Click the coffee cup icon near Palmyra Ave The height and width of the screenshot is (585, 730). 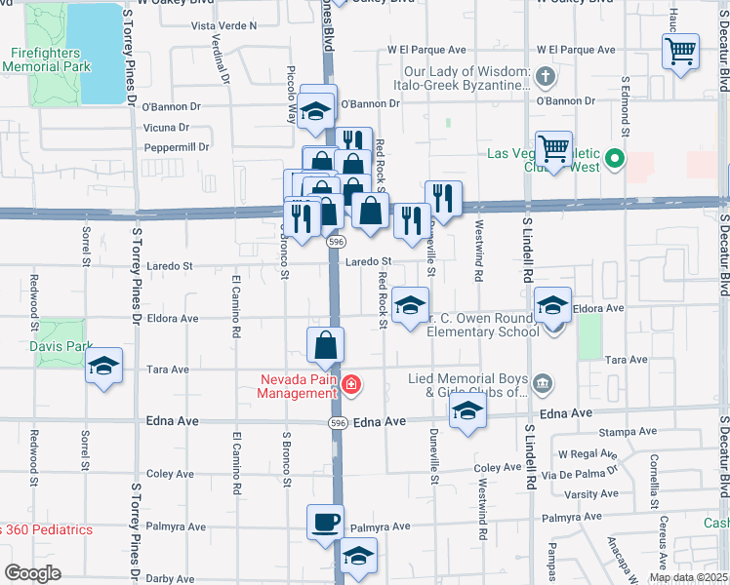point(325,521)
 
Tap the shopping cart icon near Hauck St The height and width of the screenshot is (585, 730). point(680,51)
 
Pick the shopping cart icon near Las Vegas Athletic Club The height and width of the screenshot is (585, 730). point(553,149)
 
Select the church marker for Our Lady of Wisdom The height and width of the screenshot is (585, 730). point(546,75)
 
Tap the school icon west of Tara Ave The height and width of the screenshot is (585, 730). point(102,366)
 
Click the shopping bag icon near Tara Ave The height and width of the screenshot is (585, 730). point(325,344)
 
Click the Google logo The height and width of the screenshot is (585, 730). point(32,573)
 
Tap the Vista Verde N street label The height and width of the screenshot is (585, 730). point(224,25)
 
